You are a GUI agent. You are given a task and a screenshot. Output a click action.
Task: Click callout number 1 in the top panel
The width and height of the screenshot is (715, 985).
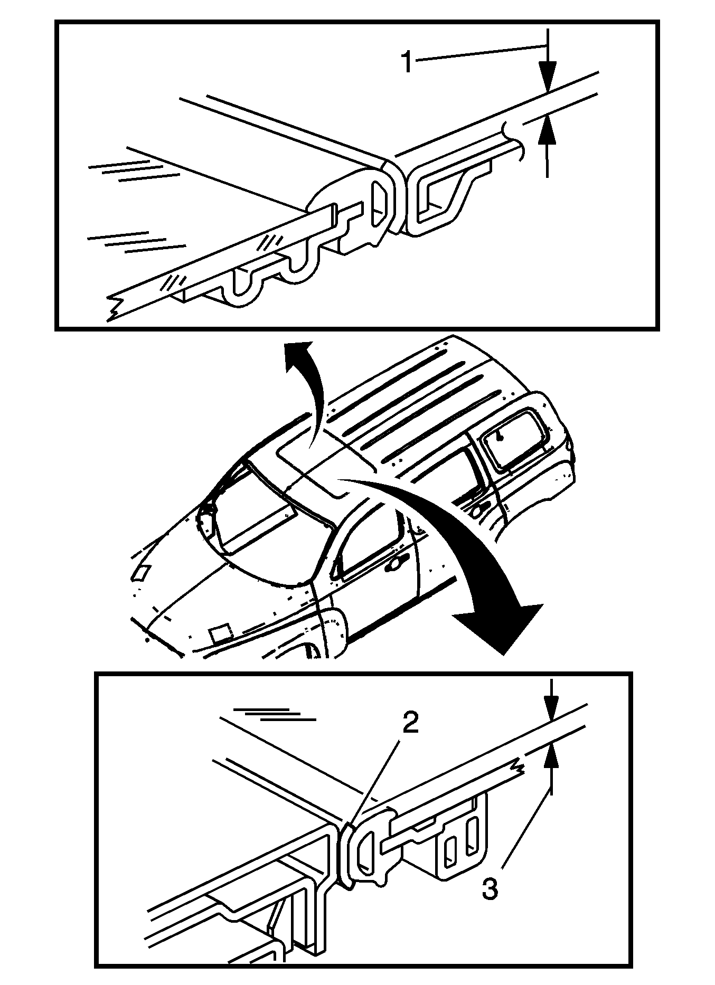tap(407, 62)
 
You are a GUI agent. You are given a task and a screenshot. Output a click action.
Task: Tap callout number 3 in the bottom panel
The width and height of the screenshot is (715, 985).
tap(490, 891)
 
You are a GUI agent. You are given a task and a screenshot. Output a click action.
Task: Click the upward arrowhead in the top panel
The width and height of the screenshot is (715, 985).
tap(548, 130)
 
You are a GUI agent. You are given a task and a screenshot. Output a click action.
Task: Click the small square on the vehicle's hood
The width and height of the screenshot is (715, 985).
tap(219, 632)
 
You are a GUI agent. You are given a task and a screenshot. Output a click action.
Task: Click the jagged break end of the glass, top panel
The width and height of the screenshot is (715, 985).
tap(114, 309)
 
